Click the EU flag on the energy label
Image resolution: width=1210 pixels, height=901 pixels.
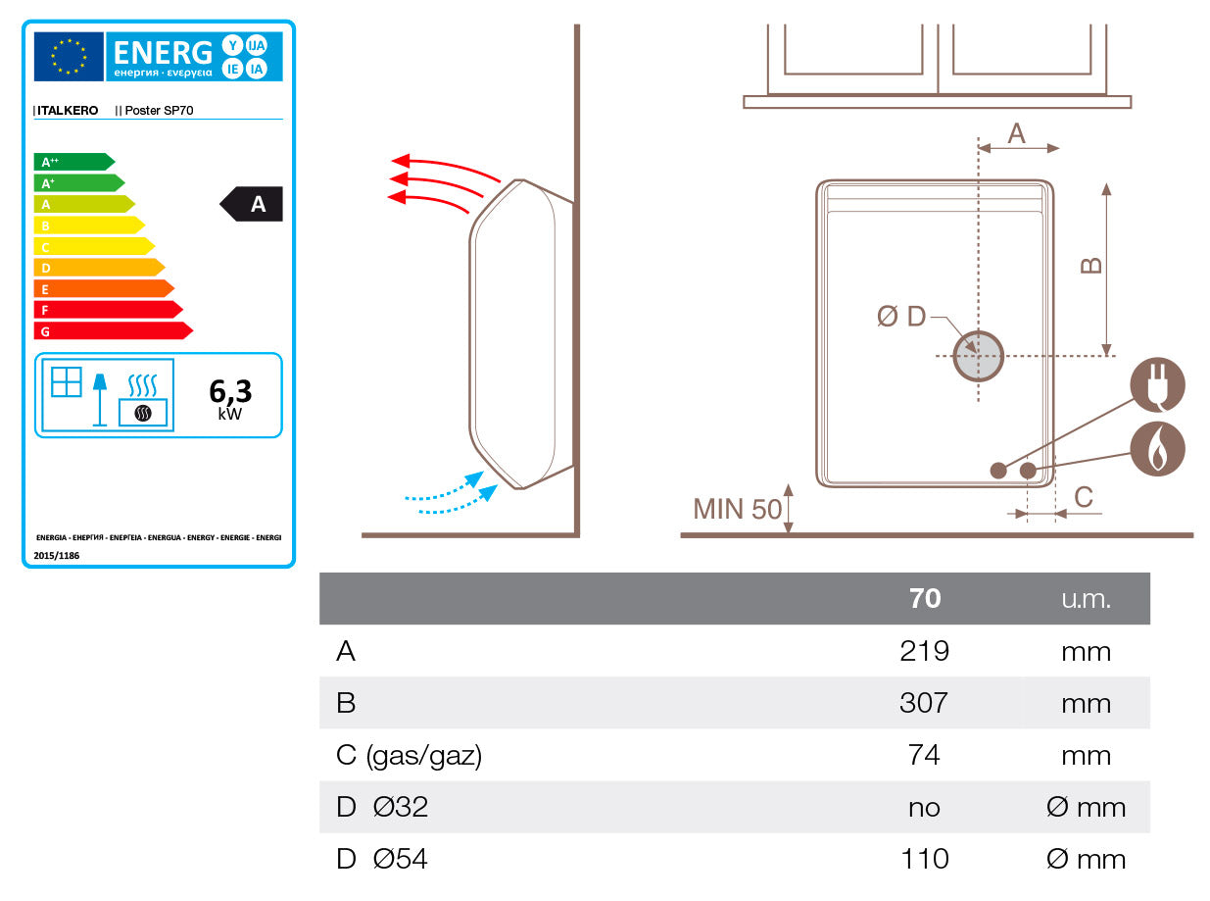pos(69,57)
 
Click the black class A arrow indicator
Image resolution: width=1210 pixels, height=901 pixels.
pos(253,204)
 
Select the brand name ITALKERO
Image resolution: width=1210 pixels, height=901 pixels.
pos(68,111)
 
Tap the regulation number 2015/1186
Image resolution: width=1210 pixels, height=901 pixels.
pos(58,555)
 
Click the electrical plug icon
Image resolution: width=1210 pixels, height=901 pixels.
pos(1157,385)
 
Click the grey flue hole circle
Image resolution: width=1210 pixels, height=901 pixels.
pos(979,356)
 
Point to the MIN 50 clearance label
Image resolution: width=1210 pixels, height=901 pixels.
pos(737,509)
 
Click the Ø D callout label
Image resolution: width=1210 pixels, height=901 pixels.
pos(901,317)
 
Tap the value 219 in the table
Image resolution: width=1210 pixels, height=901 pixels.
pos(924,651)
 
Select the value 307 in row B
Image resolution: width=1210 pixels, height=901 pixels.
pos(924,703)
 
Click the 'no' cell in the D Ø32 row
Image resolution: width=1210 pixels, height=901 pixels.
pos(924,808)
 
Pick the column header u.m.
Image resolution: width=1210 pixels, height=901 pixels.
pos(1086,599)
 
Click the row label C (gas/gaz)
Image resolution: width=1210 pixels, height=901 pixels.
pos(409,756)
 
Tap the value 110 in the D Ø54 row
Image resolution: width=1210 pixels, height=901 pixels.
pos(924,860)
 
